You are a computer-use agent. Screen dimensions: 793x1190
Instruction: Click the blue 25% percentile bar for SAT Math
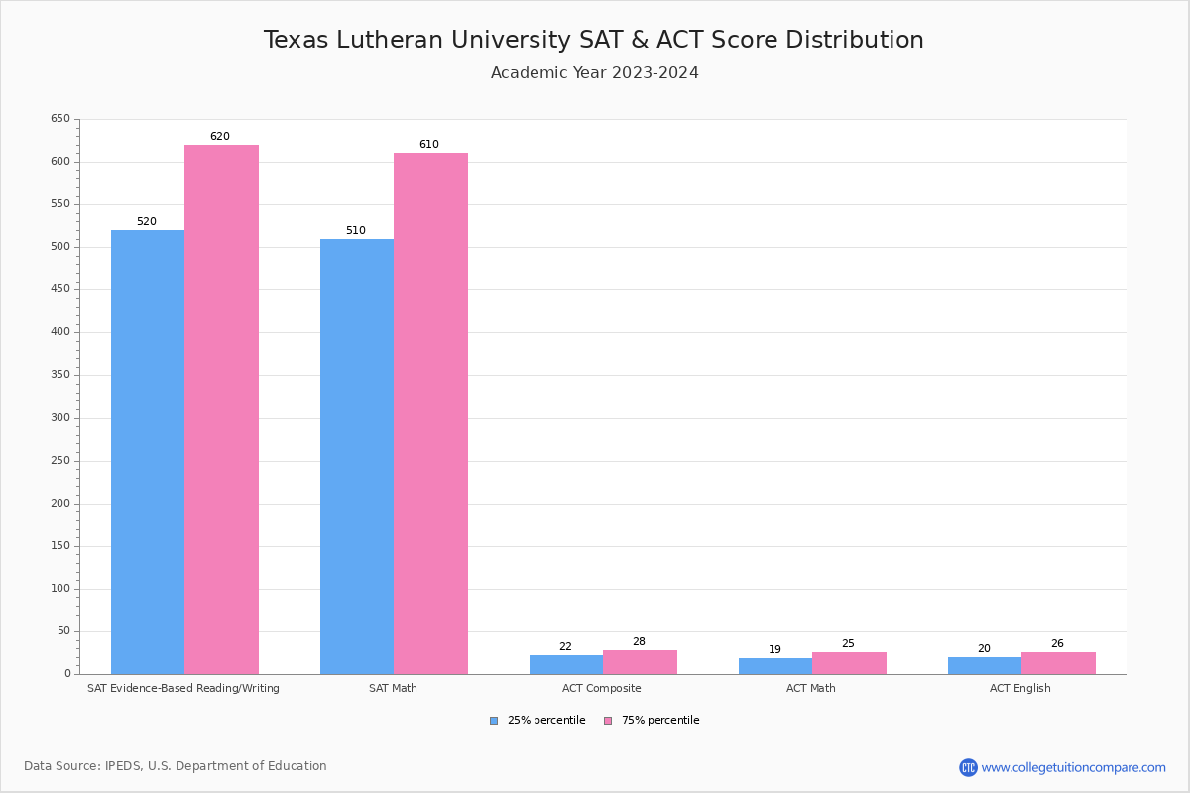tap(357, 456)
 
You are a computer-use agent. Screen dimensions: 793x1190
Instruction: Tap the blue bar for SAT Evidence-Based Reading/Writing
tap(148, 452)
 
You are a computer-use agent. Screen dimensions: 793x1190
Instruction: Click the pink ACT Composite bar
tap(640, 662)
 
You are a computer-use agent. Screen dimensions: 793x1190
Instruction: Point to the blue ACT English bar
tap(984, 665)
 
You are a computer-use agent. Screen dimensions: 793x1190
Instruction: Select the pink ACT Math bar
tap(849, 663)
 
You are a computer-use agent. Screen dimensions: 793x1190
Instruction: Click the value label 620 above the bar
tap(219, 137)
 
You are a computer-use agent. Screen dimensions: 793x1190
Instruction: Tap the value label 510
tap(355, 231)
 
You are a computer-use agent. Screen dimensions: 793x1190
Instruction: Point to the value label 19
tap(774, 650)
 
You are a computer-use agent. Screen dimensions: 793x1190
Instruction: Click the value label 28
tap(639, 642)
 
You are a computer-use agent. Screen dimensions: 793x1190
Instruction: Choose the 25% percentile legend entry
tap(537, 721)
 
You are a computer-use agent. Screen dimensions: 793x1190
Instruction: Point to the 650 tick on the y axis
tap(60, 119)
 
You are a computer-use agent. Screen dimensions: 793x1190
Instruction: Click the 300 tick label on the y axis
tap(60, 418)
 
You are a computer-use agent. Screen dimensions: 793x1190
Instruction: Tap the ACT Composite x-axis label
tap(601, 688)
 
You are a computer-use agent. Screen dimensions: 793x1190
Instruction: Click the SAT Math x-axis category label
tap(393, 688)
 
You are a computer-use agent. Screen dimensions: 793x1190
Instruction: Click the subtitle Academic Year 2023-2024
tap(595, 73)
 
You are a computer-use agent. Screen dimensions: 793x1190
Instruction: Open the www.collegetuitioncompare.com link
tap(1073, 767)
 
